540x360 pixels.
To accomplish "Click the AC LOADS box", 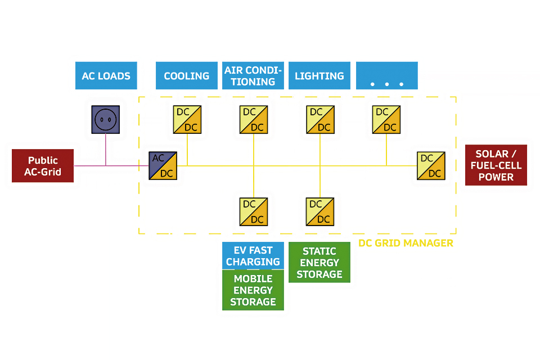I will (106, 76).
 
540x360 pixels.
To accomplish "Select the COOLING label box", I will (186, 76).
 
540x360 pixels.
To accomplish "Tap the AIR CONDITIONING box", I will (253, 76).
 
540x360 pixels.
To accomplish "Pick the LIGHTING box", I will (319, 76).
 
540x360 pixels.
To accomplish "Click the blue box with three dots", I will (386, 76).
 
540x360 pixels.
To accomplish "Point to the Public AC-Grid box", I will (43, 166).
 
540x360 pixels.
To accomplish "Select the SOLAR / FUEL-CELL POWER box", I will (496, 165).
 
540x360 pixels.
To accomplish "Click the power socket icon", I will (106, 119).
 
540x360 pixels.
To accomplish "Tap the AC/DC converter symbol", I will (163, 166).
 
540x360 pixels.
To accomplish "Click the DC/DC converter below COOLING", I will (187, 120).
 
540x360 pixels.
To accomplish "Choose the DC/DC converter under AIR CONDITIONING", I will (253, 120).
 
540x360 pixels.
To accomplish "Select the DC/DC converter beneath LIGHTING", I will (320, 120).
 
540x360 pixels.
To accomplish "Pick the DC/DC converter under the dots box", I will (386, 120).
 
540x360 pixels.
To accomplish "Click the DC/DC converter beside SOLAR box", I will (431, 166).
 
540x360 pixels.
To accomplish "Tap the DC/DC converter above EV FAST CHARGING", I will (253, 211).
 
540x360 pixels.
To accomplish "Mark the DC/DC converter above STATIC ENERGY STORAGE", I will (320, 211).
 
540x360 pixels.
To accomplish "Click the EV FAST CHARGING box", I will (253, 256).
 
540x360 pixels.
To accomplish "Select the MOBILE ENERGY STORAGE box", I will (253, 290).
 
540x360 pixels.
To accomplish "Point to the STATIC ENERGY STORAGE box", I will (319, 263).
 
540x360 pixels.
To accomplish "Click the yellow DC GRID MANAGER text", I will (406, 244).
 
